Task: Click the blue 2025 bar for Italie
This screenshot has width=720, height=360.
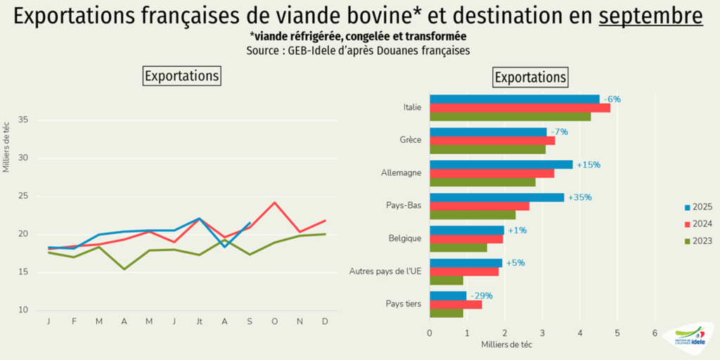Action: pos(513,99)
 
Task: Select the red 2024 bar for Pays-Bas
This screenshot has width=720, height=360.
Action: pos(479,206)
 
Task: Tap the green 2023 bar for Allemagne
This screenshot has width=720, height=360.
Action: pos(482,182)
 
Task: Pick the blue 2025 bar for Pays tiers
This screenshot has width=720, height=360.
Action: pos(447,295)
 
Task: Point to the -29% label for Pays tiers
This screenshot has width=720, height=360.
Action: pos(481,295)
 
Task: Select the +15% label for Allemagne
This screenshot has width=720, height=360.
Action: pos(588,165)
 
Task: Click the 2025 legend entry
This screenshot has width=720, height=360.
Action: pos(697,207)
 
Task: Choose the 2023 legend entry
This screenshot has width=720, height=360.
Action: pos(697,240)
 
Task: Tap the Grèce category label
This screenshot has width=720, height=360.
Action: pos(409,140)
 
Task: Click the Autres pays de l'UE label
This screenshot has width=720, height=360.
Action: pos(385,271)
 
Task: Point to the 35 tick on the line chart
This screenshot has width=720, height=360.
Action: pos(22,120)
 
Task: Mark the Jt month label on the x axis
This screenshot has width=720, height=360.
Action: pos(199,321)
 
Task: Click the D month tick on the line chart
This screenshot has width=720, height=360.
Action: pos(325,321)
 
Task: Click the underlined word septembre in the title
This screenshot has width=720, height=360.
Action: pos(650,16)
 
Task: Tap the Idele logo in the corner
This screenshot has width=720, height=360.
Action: pos(688,336)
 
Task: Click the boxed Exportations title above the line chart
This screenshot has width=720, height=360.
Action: pos(181,75)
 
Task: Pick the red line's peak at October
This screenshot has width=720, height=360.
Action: pos(274,202)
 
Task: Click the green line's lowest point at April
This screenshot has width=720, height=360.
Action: pos(124,269)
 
